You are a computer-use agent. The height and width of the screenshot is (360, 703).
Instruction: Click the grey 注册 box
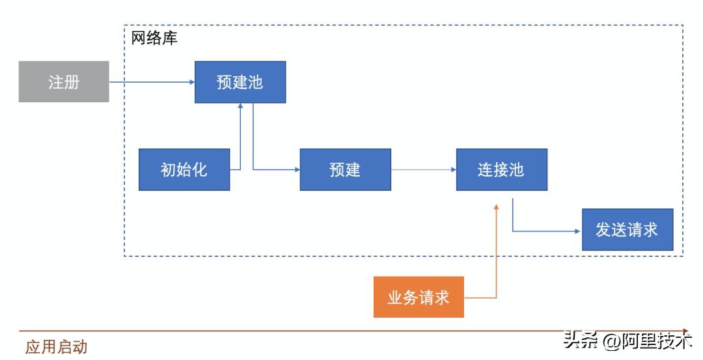[63, 82]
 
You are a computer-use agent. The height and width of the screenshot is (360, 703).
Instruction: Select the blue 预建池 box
[240, 82]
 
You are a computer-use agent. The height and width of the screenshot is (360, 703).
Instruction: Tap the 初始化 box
[184, 170]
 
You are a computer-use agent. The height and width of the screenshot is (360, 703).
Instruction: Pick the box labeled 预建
[345, 170]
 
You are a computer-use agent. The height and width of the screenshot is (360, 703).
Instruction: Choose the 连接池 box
[501, 170]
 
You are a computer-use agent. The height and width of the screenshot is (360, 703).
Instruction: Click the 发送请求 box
[627, 230]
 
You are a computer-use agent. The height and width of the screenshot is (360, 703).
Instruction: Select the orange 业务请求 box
[419, 298]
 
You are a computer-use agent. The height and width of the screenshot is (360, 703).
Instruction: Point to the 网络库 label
[154, 38]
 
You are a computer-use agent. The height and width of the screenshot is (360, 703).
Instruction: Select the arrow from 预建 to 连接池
[423, 170]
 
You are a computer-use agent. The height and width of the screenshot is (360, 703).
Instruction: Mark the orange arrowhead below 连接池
[497, 206]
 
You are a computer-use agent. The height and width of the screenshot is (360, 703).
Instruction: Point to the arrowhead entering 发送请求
[577, 230]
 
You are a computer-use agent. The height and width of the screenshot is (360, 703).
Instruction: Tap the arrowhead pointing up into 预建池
[241, 107]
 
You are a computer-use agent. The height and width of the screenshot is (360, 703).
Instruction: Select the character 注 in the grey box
[55, 82]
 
